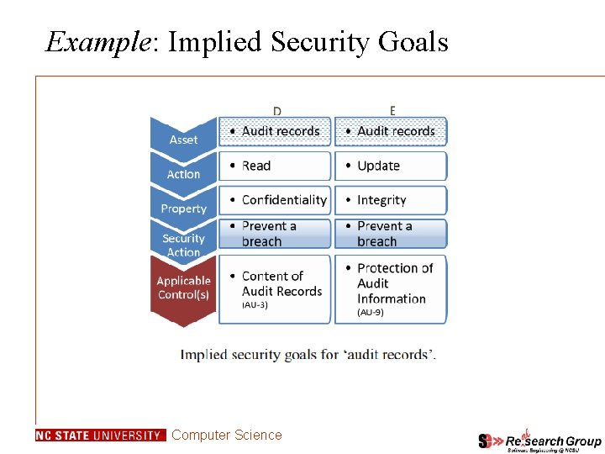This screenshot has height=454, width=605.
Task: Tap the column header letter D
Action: point(277,110)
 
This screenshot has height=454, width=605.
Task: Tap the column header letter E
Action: point(392,110)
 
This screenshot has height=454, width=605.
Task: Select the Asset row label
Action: point(183,138)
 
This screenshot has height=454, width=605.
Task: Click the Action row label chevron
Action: point(183,174)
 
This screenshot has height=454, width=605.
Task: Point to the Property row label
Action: point(183,208)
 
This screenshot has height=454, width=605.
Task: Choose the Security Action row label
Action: point(183,245)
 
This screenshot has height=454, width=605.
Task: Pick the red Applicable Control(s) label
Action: point(183,288)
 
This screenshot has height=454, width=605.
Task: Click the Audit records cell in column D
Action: point(275,131)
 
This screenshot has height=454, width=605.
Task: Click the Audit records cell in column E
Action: point(391,131)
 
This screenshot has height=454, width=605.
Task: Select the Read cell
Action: point(275,166)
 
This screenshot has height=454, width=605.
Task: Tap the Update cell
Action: point(391,166)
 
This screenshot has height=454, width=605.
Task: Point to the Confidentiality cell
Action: point(275,200)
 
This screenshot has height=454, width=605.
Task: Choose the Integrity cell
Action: point(391,200)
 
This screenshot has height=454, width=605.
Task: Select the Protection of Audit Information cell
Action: point(391,286)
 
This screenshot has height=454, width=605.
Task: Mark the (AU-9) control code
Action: point(371,312)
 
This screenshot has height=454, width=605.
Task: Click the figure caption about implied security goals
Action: point(308,354)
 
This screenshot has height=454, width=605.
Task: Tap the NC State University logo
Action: point(100,436)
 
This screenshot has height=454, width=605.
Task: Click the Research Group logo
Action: point(539,440)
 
